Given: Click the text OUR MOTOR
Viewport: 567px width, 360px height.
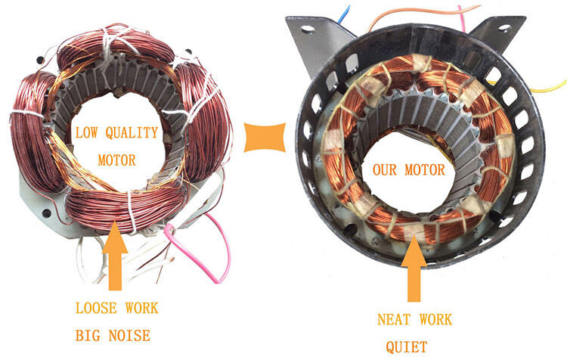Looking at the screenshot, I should click(409, 169).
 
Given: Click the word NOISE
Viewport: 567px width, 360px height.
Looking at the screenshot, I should click(132, 333).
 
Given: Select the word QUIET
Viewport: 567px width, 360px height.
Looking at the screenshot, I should click(407, 347).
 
